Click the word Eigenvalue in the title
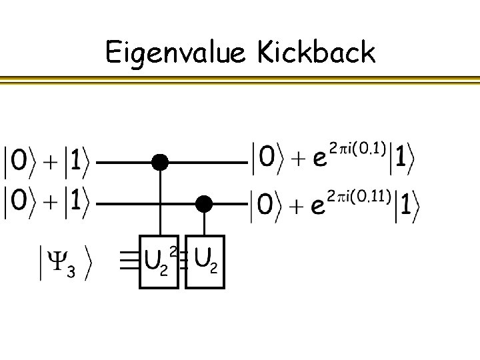[x=175, y=53]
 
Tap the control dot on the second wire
[x=204, y=203]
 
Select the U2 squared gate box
[x=159, y=261]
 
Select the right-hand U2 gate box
[x=205, y=261]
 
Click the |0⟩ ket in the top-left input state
[x=20, y=162]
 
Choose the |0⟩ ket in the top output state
[x=267, y=160]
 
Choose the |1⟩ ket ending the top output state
[x=403, y=161]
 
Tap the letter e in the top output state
[x=319, y=163]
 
